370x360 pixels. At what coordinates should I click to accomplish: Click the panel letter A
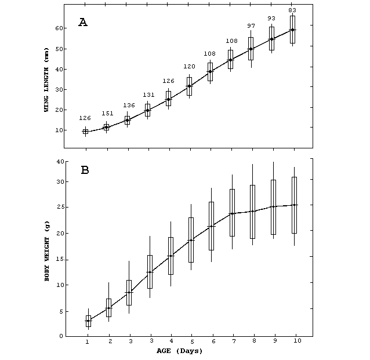[84, 23]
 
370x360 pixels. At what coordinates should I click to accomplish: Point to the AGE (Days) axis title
[179, 351]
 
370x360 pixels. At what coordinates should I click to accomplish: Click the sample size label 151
[106, 114]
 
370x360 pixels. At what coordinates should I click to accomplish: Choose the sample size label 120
[189, 67]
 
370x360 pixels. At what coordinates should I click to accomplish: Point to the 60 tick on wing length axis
[59, 28]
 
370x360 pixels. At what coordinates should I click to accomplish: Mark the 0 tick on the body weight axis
[61, 336]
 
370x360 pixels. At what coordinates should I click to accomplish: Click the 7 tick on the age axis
[232, 342]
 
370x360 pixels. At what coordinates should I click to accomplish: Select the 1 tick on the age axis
[88, 342]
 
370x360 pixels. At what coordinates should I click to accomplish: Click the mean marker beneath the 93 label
[271, 39]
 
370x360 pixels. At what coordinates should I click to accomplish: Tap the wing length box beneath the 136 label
[127, 120]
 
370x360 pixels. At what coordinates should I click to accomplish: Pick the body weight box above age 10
[295, 205]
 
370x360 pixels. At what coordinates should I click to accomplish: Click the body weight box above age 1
[88, 321]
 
